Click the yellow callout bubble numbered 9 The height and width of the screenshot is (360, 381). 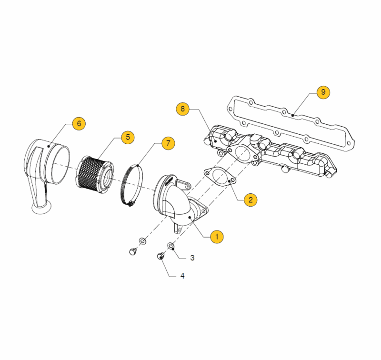pos(323,92)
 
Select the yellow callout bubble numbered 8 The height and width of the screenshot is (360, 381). pos(182,109)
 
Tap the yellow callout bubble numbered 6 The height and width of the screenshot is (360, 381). pos(79,124)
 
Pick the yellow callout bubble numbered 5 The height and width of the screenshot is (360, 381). pos(128,137)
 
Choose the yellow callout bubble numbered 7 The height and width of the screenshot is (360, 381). pos(168,143)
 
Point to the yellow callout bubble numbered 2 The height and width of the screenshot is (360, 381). pos(251,200)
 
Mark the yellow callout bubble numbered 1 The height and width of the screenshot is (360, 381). pos(217,237)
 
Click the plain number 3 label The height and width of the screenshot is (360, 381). pos(192,258)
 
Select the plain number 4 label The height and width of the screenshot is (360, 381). pos(182,276)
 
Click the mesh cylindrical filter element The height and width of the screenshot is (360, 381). pos(95,175)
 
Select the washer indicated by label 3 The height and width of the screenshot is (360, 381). pos(171,246)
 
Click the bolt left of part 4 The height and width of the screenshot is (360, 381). pos(133,251)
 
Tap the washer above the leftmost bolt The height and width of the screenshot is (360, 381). pos(142,241)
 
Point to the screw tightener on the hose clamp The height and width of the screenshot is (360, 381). pos(130,203)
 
